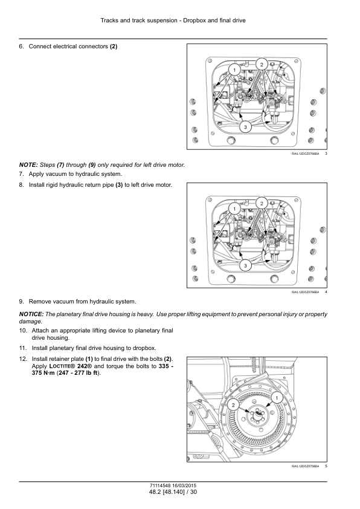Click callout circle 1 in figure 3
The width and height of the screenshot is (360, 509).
pos(234,70)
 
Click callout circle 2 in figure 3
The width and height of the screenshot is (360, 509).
pos(262,64)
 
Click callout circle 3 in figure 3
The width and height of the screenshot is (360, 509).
pos(245,127)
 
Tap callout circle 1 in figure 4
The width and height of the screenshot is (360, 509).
pos(234,209)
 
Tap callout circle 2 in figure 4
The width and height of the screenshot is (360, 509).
pos(262,203)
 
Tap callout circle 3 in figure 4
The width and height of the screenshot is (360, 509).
pos(245,266)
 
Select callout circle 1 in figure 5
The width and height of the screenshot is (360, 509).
pos(277,398)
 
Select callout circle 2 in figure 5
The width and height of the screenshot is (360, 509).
pos(233,404)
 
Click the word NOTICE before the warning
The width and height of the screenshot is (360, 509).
pos(31,314)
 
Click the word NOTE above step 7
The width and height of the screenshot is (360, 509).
pos(28,165)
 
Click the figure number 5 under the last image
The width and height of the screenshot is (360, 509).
pos(326,466)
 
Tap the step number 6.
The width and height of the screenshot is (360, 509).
pos(21,47)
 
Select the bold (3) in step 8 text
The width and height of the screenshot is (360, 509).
pos(119,185)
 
